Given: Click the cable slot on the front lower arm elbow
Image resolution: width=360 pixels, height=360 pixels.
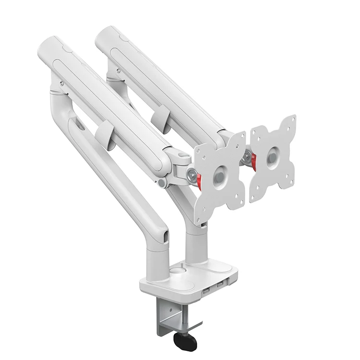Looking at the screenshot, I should coord(166,238).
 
